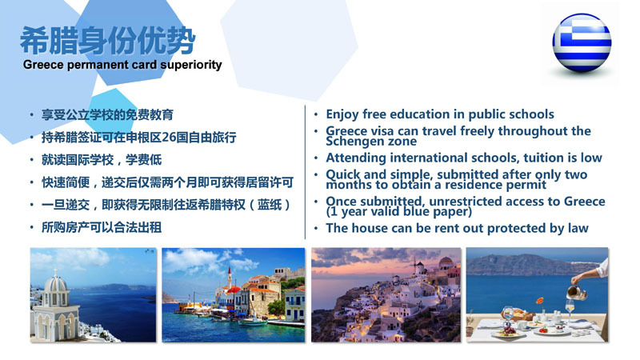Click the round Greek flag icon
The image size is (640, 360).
[582, 43]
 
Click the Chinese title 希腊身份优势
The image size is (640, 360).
[108, 41]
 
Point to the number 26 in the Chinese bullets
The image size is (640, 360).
[169, 137]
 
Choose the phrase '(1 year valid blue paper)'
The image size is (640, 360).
[398, 212]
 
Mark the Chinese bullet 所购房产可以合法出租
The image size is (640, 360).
[102, 227]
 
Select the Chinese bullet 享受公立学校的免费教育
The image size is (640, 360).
[107, 114]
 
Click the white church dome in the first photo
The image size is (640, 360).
[55, 284]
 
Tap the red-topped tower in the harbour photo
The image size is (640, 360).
[230, 278]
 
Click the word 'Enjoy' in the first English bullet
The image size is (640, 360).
[342, 114]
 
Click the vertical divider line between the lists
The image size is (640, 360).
[305, 172]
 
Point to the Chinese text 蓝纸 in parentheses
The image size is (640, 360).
[270, 205]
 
